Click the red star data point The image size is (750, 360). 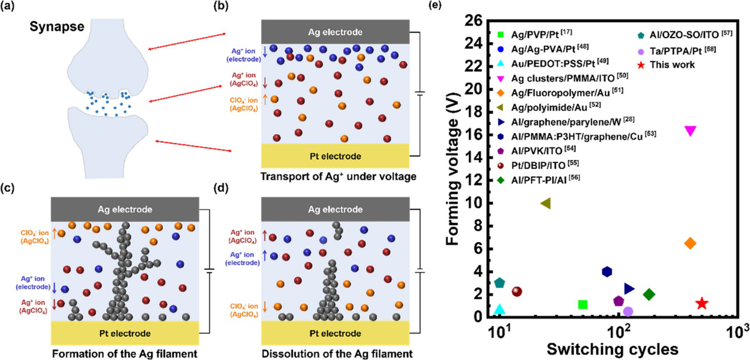point(702,303)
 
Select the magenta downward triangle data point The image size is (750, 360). point(690,131)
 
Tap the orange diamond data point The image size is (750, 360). point(690,243)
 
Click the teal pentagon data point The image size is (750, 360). point(500,283)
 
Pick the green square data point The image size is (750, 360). point(582,304)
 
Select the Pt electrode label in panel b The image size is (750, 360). point(334,156)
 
